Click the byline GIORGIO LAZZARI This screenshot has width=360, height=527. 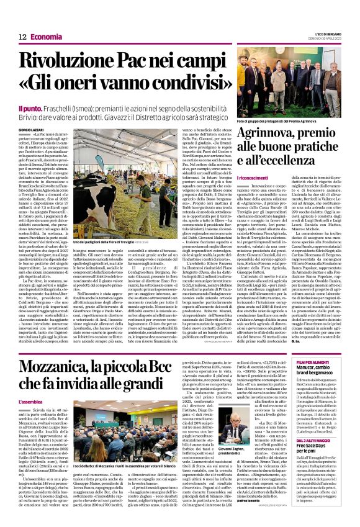click(32, 129)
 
